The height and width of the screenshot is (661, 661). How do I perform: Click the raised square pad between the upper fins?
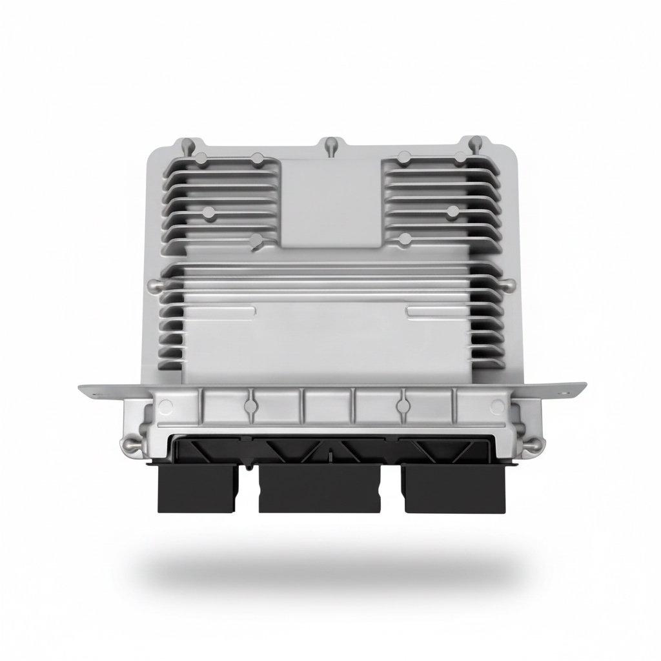pyautogui.click(x=330, y=201)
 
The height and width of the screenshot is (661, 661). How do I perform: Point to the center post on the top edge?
pyautogui.click(x=330, y=143)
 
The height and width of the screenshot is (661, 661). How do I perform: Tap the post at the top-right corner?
pyautogui.click(x=474, y=141)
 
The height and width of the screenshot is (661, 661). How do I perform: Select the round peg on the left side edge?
pyautogui.click(x=152, y=284)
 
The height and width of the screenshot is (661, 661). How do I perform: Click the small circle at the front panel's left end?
pyautogui.click(x=165, y=406)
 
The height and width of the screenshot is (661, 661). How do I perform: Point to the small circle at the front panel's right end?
pyautogui.click(x=497, y=406)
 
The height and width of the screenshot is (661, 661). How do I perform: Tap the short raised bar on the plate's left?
pyautogui.click(x=219, y=312)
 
